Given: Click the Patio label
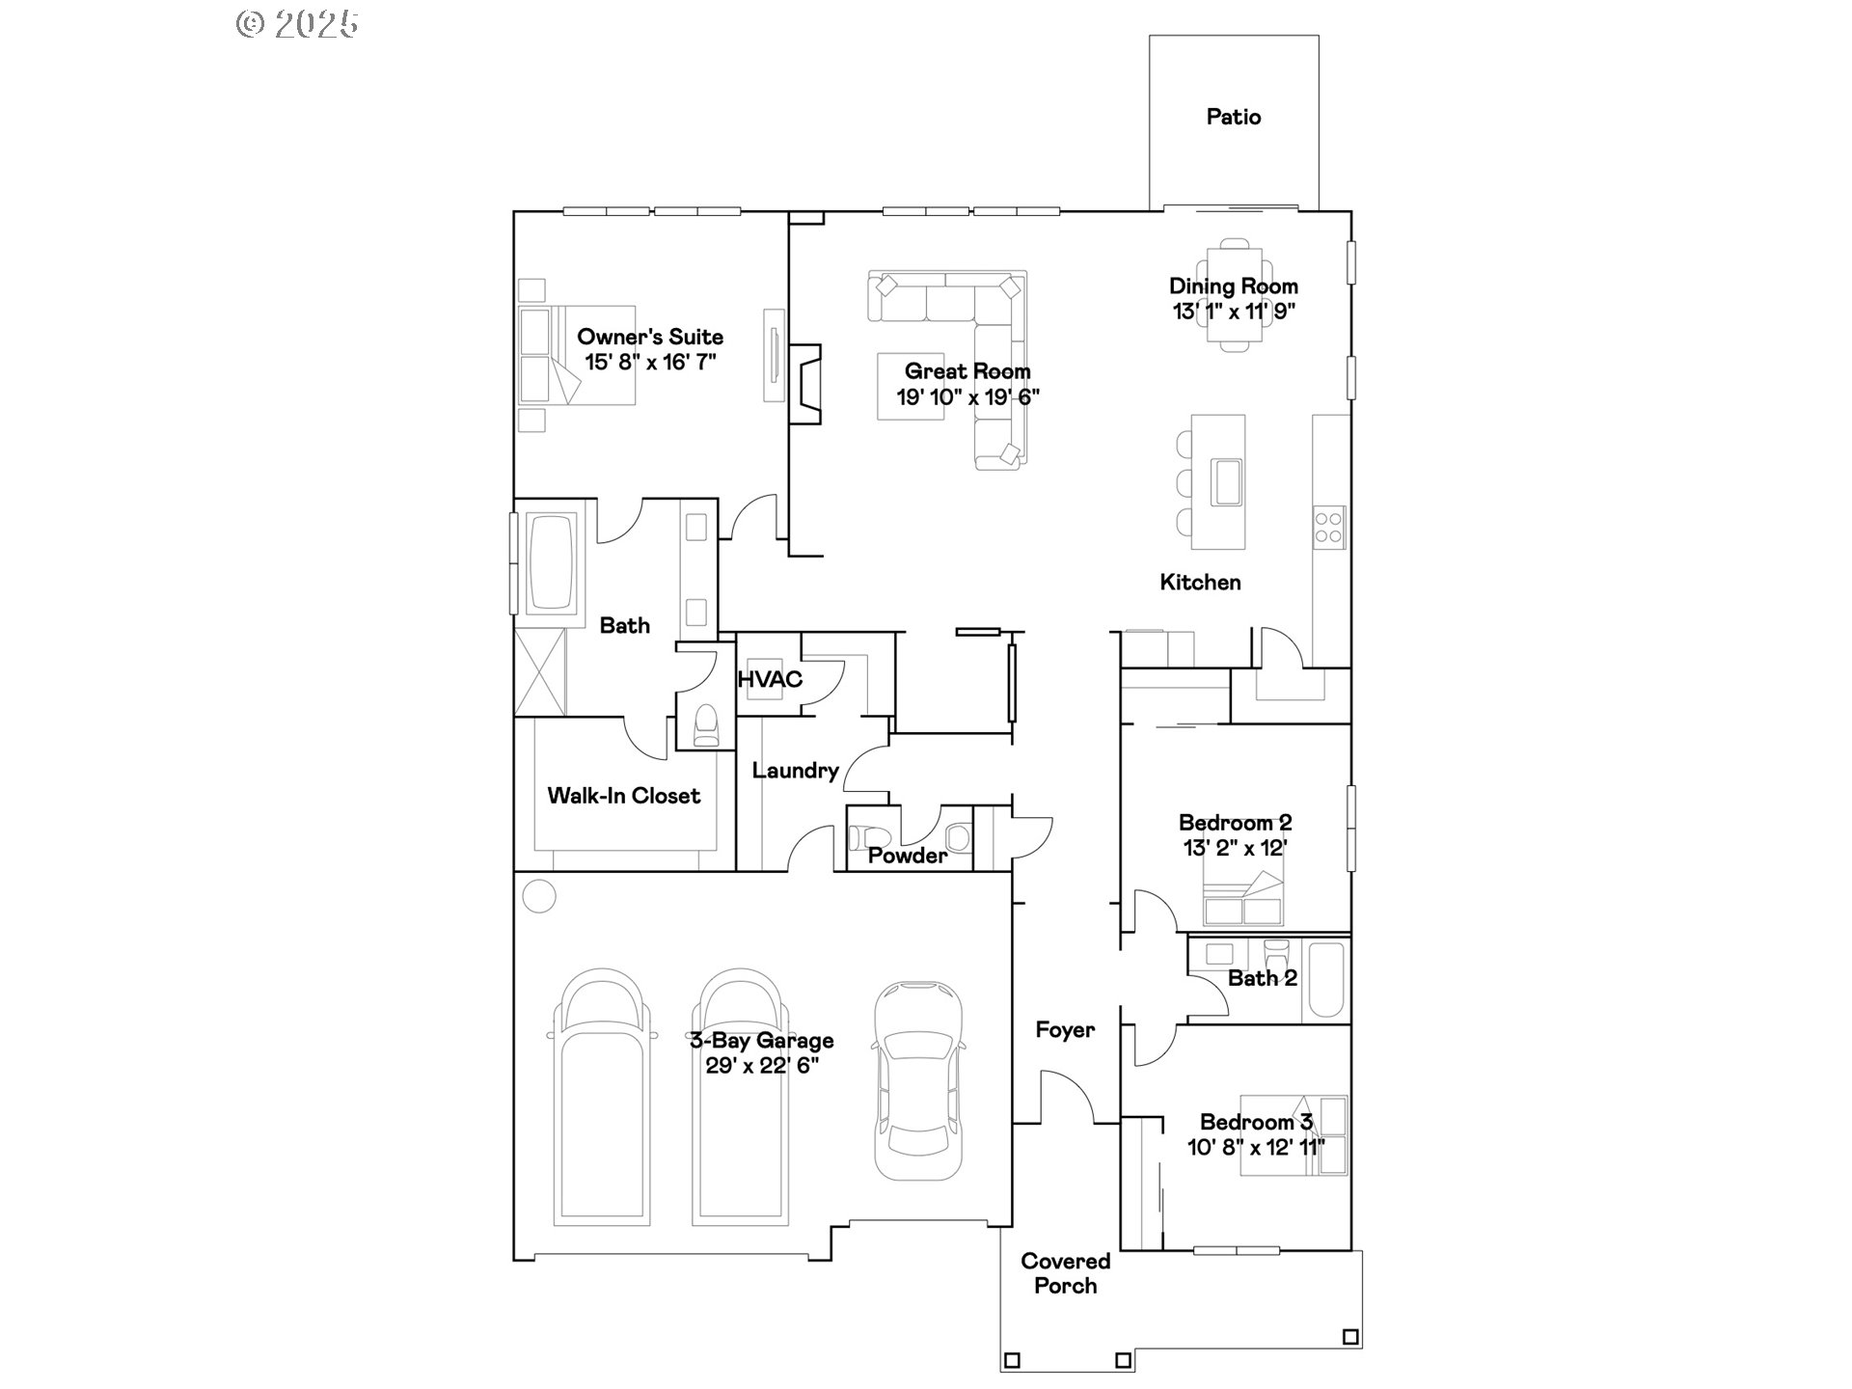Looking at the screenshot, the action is pyautogui.click(x=1234, y=117).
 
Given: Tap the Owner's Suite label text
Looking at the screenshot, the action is pyautogui.click(x=650, y=337).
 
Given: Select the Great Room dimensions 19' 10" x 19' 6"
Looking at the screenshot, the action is pyautogui.click(x=967, y=396).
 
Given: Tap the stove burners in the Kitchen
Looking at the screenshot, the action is pyautogui.click(x=1328, y=528).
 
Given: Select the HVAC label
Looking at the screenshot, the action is pyautogui.click(x=770, y=679).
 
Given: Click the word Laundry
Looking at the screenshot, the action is pyautogui.click(x=796, y=770).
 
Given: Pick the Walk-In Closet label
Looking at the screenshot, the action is pyautogui.click(x=624, y=796).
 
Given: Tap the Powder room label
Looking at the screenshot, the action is pyautogui.click(x=908, y=856).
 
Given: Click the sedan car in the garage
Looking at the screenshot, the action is pyautogui.click(x=917, y=1080).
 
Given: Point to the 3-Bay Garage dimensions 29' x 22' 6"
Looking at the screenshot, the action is pyautogui.click(x=762, y=1066).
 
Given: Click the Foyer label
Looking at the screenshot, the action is pyautogui.click(x=1065, y=1030).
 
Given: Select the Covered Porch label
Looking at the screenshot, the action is pyautogui.click(x=1066, y=1273).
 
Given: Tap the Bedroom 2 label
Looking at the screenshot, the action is pyautogui.click(x=1236, y=823).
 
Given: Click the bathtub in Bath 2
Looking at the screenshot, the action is pyautogui.click(x=1325, y=980).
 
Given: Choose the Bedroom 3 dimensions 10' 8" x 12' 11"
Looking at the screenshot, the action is pyautogui.click(x=1256, y=1147).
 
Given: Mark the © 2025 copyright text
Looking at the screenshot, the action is pyautogui.click(x=298, y=24).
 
